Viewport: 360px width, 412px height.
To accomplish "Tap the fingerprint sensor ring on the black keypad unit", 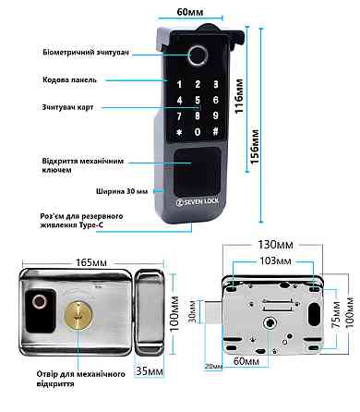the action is pos(198,55).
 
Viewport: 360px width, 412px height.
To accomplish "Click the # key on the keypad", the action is pos(216,131).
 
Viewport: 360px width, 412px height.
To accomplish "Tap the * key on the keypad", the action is pos(179,132).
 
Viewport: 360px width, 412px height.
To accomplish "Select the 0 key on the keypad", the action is pos(198,132).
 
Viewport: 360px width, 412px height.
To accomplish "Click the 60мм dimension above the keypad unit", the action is pos(190,12).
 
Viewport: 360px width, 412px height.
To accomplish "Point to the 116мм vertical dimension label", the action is pos(239,96).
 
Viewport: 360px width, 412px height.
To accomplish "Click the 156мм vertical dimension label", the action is pos(255,147).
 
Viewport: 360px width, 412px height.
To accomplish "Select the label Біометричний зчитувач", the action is pos(86,53).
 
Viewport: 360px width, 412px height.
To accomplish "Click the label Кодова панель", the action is pos(70,80).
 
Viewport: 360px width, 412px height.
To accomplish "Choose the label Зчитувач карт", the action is pos(67,107).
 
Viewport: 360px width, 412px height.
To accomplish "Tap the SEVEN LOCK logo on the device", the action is pos(197,202).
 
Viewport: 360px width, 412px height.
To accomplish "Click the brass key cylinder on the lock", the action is pos(78,316).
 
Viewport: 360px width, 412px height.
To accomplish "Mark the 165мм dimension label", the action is pos(91,262).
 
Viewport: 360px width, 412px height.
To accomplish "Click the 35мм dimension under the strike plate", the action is pos(150,371).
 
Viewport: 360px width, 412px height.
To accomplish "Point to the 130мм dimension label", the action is pos(275,245).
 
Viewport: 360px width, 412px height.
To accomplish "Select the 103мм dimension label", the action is pos(275,261).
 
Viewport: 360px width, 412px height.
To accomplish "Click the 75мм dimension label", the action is pos(336,315).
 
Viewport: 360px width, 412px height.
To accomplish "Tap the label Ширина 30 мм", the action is pos(122,191).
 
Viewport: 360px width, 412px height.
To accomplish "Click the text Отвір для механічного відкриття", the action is pos(81,379).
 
